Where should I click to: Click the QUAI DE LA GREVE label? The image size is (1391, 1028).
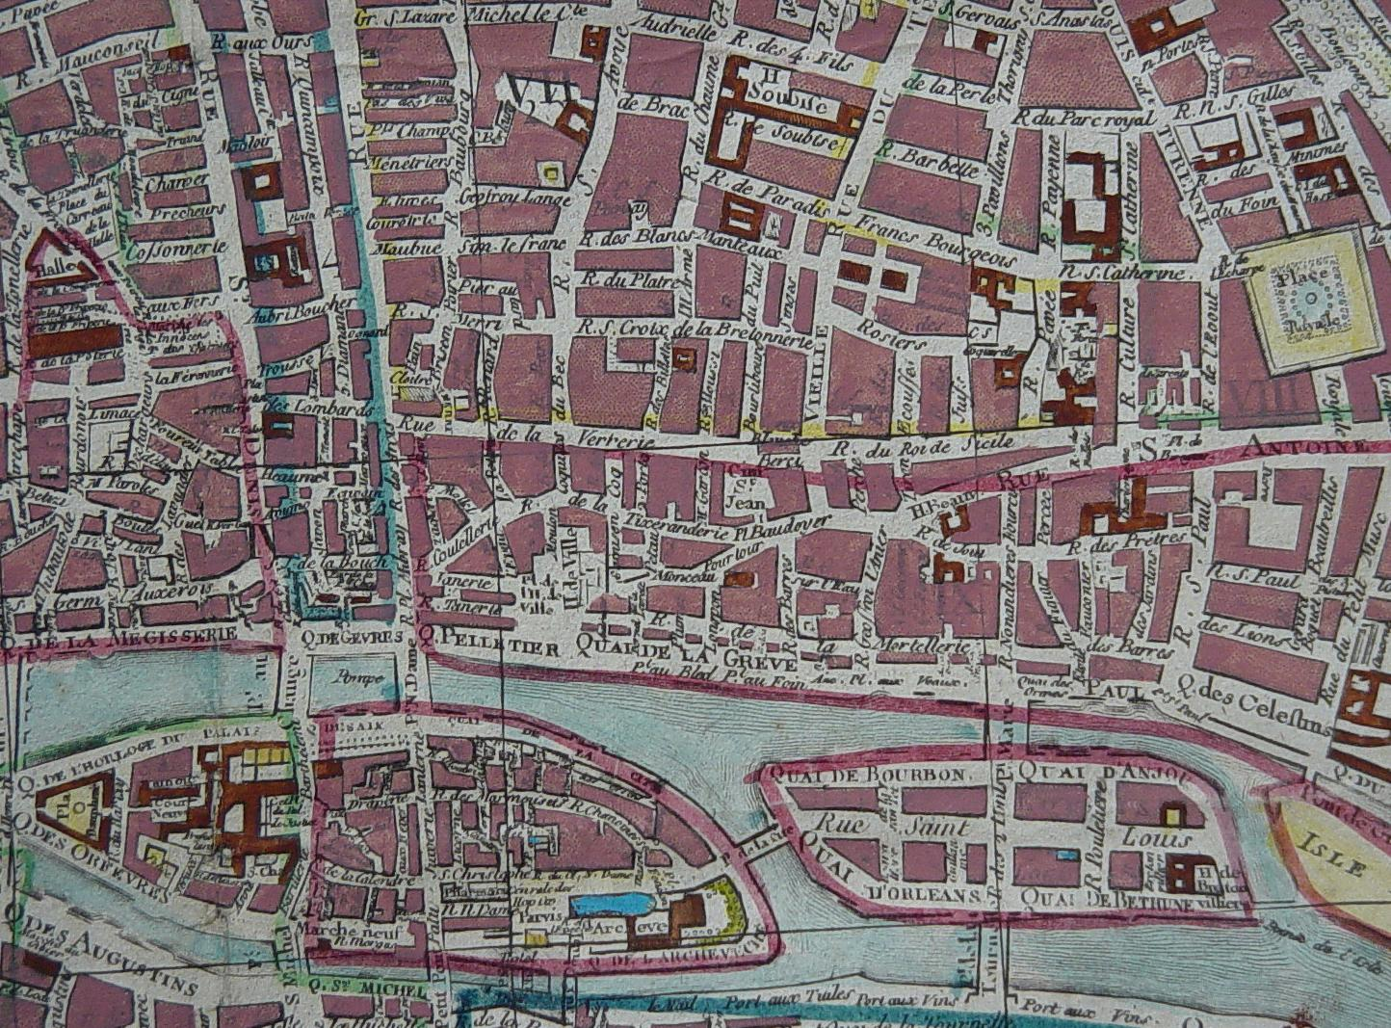coord(686,655)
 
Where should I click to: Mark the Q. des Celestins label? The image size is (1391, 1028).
coord(1251,719)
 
